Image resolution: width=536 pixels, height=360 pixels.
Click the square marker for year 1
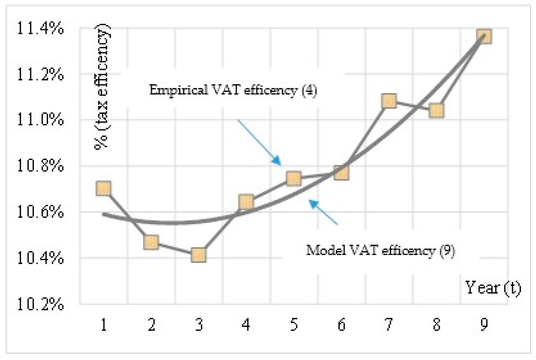point(103,188)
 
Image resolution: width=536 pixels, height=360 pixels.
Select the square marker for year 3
point(198,255)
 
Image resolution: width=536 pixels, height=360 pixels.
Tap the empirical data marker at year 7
point(389,101)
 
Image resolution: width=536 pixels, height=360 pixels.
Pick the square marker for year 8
point(436,111)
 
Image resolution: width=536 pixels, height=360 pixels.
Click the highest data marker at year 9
point(484,36)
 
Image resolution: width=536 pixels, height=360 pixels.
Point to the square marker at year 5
point(294,178)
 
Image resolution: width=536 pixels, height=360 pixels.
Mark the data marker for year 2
point(151,242)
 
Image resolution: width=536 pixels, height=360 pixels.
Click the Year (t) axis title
point(493,288)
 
